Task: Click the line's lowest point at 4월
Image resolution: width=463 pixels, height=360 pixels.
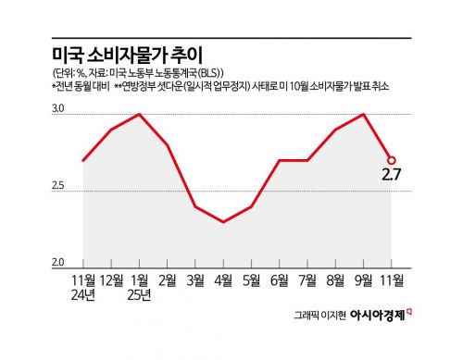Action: pos(223,222)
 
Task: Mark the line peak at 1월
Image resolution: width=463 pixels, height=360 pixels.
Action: pos(140,114)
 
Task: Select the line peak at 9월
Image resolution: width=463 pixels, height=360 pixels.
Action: pos(363,114)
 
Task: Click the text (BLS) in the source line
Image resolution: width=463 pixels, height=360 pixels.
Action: pos(210,72)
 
